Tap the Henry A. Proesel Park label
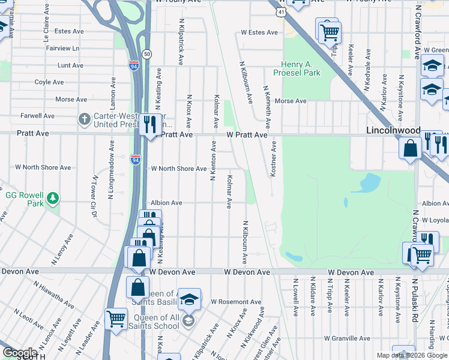tap(301, 69)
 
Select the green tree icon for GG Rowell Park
tap(53, 197)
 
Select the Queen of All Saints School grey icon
tap(188, 320)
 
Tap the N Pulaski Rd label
tap(415, 299)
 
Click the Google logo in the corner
tap(19, 353)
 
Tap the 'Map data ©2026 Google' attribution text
tap(411, 355)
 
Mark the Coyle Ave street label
tap(49, 82)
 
